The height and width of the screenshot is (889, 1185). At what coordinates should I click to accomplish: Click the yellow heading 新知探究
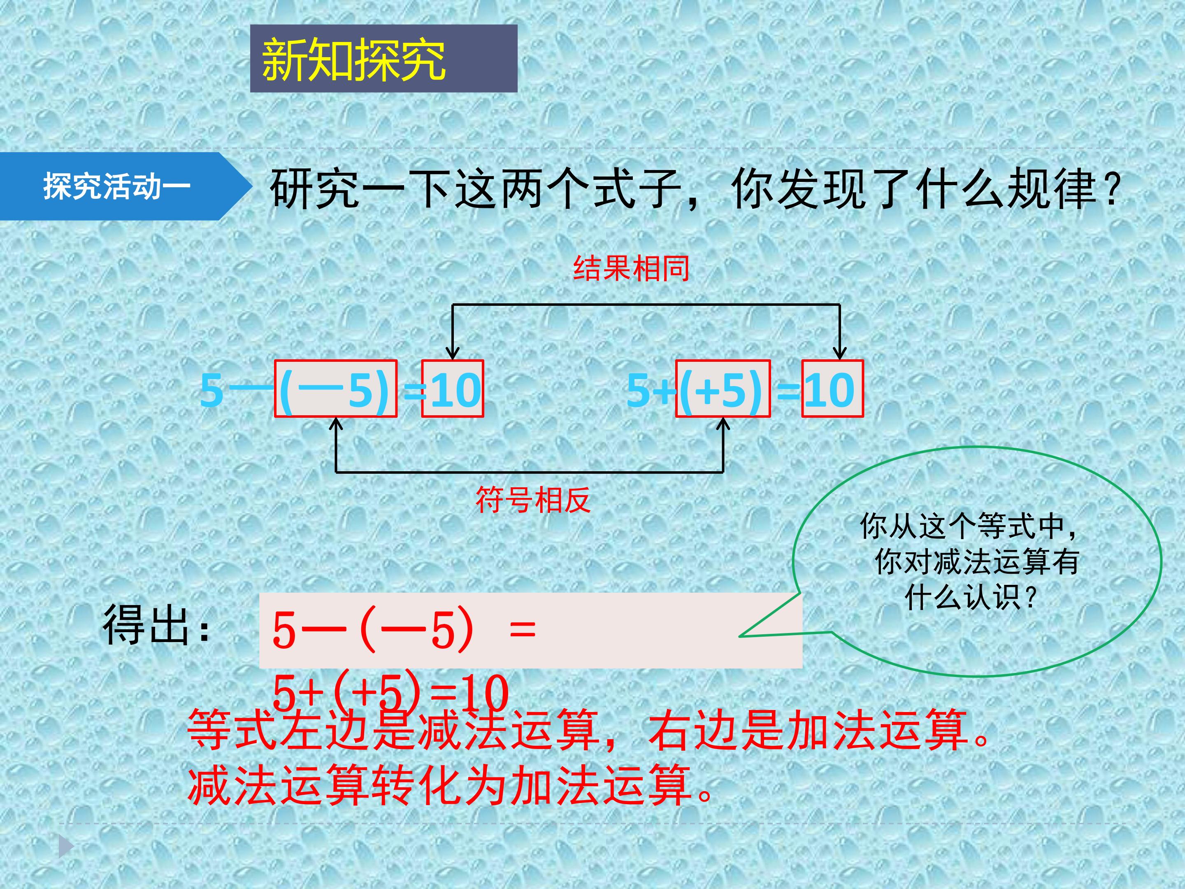[x=353, y=60]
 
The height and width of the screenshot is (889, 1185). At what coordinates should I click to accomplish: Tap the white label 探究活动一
[x=117, y=186]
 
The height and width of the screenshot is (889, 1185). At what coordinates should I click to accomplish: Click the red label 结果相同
[x=632, y=268]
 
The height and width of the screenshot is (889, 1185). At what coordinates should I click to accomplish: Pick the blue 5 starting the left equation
[x=211, y=390]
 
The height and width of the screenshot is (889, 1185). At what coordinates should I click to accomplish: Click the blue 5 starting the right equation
[x=639, y=390]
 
